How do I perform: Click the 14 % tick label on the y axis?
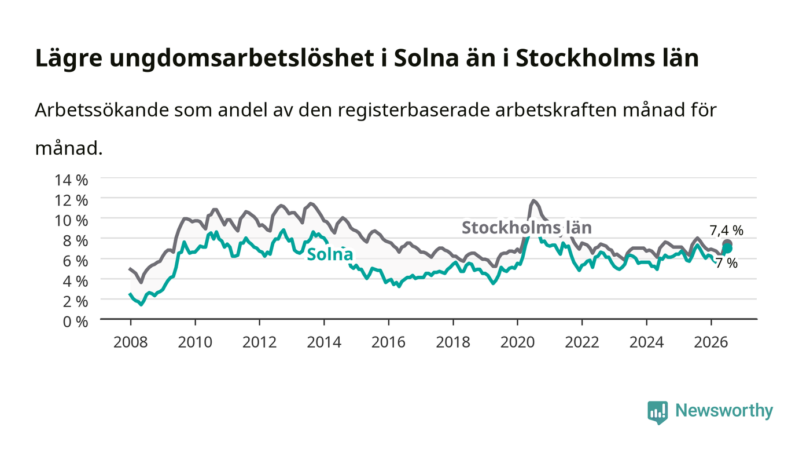(x=71, y=180)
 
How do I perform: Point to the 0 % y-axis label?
(x=75, y=322)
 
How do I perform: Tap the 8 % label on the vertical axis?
(x=75, y=241)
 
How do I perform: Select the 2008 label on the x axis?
(x=131, y=342)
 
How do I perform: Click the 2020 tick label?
(x=517, y=342)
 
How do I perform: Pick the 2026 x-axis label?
(x=711, y=342)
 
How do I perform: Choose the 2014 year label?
(x=324, y=342)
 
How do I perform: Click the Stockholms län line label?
(x=527, y=228)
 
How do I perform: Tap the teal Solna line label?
(x=330, y=255)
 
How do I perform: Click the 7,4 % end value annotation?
(x=726, y=231)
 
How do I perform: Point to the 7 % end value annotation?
(x=727, y=264)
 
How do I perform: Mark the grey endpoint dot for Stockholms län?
(x=727, y=244)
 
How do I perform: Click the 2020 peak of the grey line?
(x=533, y=200)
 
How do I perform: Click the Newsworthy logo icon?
(x=657, y=412)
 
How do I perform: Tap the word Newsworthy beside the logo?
(x=724, y=410)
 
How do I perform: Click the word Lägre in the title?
(x=69, y=59)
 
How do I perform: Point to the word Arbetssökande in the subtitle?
(x=102, y=110)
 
